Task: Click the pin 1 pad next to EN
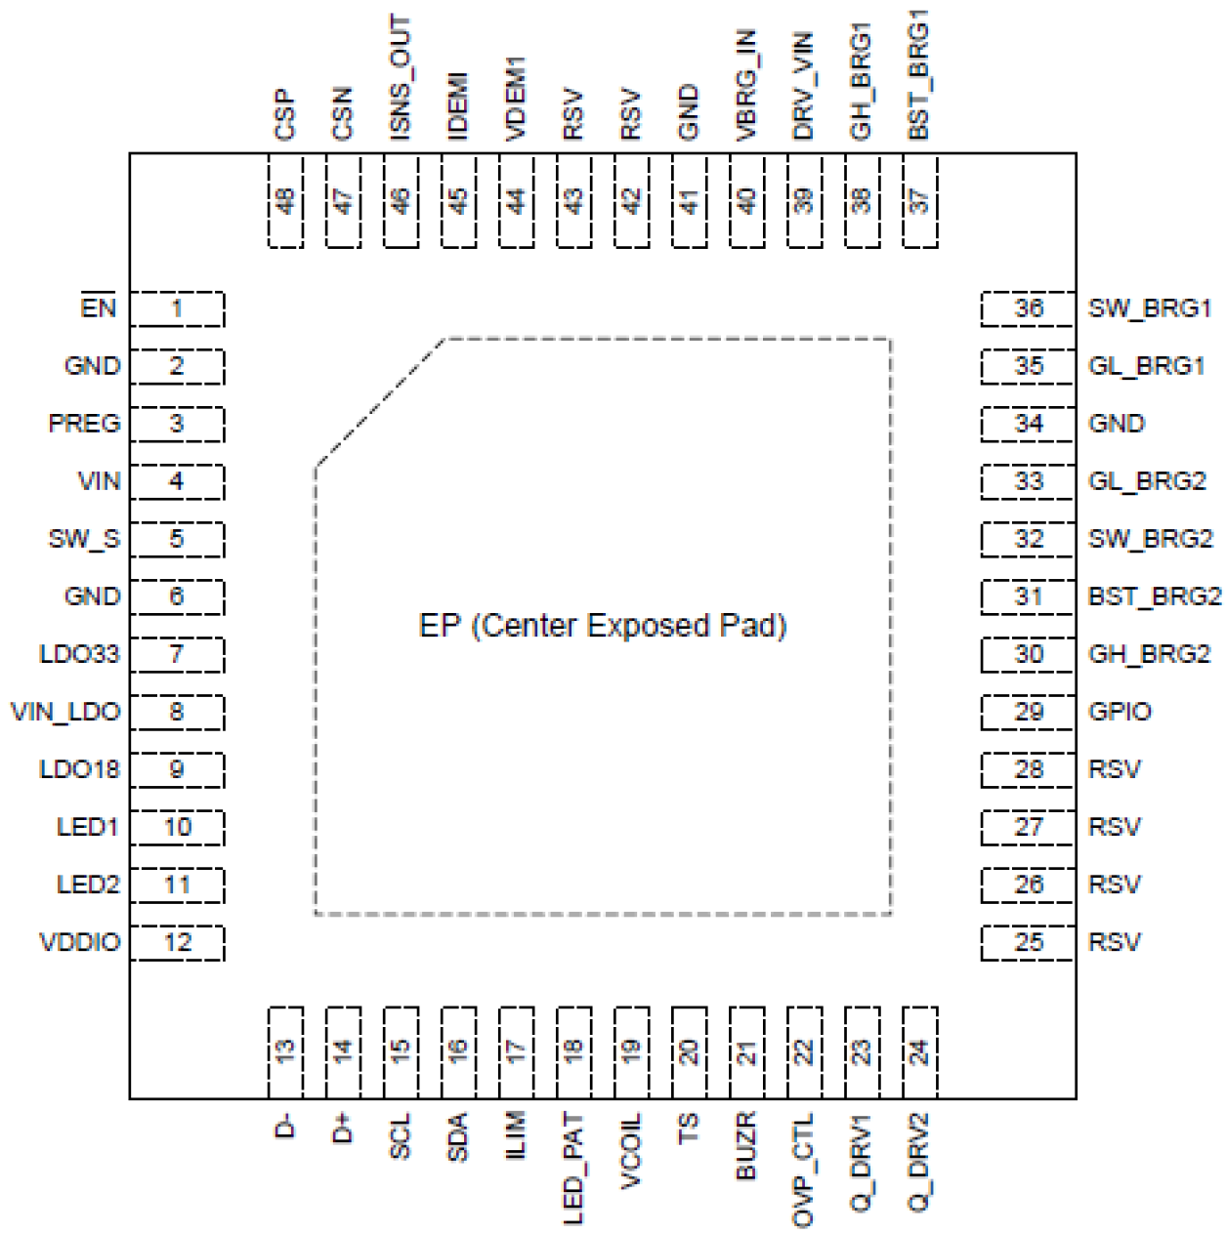pyautogui.click(x=177, y=309)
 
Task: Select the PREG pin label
pyautogui.click(x=84, y=424)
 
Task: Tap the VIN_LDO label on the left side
pyautogui.click(x=65, y=712)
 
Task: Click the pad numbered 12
pyautogui.click(x=177, y=943)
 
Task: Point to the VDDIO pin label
pyautogui.click(x=79, y=943)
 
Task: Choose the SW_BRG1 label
pyautogui.click(x=1149, y=309)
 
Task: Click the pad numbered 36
pyautogui.click(x=1028, y=309)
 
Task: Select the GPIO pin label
pyautogui.click(x=1120, y=712)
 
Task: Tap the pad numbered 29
pyautogui.click(x=1028, y=712)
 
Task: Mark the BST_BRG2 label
pyautogui.click(x=1154, y=596)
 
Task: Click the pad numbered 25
pyautogui.click(x=1028, y=943)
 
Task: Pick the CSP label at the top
pyautogui.click(x=284, y=114)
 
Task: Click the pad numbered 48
pyautogui.click(x=285, y=201)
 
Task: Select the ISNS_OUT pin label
pyautogui.click(x=400, y=78)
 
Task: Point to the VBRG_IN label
pyautogui.click(x=745, y=85)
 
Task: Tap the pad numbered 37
pyautogui.click(x=920, y=201)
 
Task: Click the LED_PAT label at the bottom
pyautogui.click(x=573, y=1169)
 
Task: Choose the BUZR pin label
pyautogui.click(x=745, y=1146)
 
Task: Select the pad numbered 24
pyautogui.click(x=920, y=1052)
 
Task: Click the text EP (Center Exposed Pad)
pyautogui.click(x=603, y=626)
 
